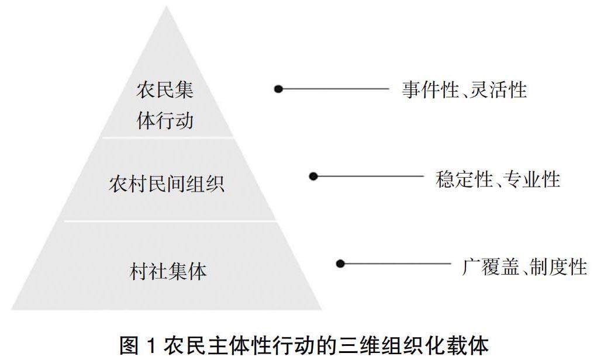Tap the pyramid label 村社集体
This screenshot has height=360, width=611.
coord(168,271)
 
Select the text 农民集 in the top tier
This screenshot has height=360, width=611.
coord(165,91)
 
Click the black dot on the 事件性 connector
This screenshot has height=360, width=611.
coord(279,89)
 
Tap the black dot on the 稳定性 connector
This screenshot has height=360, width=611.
coord(313,176)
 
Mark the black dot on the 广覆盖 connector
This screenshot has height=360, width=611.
coord(340,264)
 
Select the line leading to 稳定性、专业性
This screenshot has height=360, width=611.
coord(368,176)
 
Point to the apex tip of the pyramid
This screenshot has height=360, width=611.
coord(166,8)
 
